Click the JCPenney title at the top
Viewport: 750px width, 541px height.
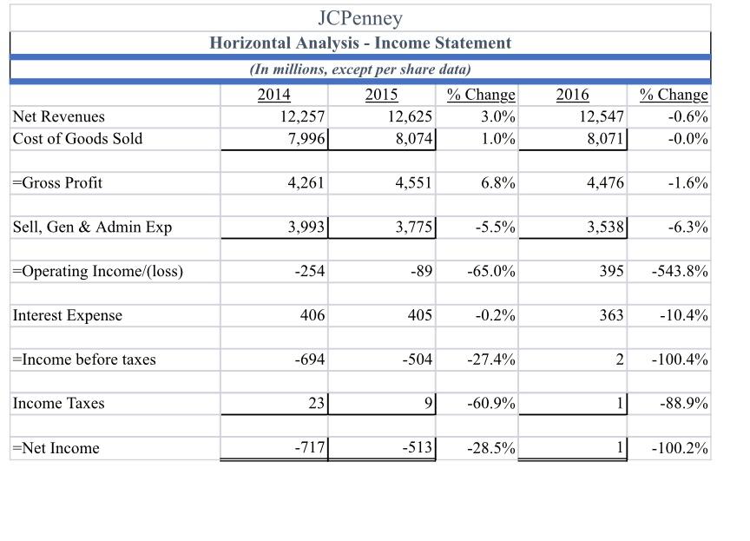360,17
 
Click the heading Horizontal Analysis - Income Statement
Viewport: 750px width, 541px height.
360,43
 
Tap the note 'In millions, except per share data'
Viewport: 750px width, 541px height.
360,69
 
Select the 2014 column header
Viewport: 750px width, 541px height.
274,95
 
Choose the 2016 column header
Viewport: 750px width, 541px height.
572,95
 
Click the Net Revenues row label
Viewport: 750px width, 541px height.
58,116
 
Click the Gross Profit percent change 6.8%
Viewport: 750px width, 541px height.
497,183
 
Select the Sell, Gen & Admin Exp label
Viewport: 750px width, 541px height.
92,228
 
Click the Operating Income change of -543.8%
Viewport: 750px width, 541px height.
680,271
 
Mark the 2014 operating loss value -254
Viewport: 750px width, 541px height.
310,271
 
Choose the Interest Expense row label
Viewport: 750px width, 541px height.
67,315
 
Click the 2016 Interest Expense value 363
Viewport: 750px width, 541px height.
610,315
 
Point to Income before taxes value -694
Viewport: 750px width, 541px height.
310,360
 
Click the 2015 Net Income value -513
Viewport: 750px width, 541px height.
417,448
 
